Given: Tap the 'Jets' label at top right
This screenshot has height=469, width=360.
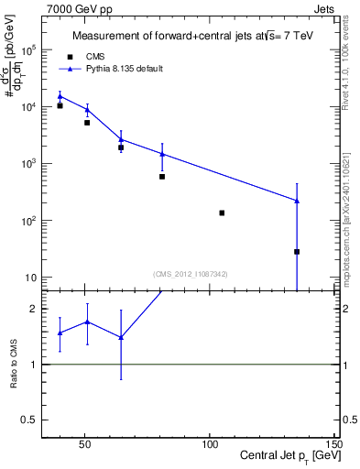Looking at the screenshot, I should [324, 7].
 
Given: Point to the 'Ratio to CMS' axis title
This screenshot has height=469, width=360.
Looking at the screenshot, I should [14, 364].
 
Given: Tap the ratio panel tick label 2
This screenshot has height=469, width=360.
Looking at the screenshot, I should [34, 310].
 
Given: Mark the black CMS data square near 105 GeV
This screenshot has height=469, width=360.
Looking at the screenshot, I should [222, 213].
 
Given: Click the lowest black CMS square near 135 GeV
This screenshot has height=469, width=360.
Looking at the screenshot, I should [297, 251].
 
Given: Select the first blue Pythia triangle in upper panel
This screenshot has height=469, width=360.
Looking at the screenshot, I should [60, 96].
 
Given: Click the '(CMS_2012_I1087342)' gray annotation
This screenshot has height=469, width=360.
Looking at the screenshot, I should [191, 274].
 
